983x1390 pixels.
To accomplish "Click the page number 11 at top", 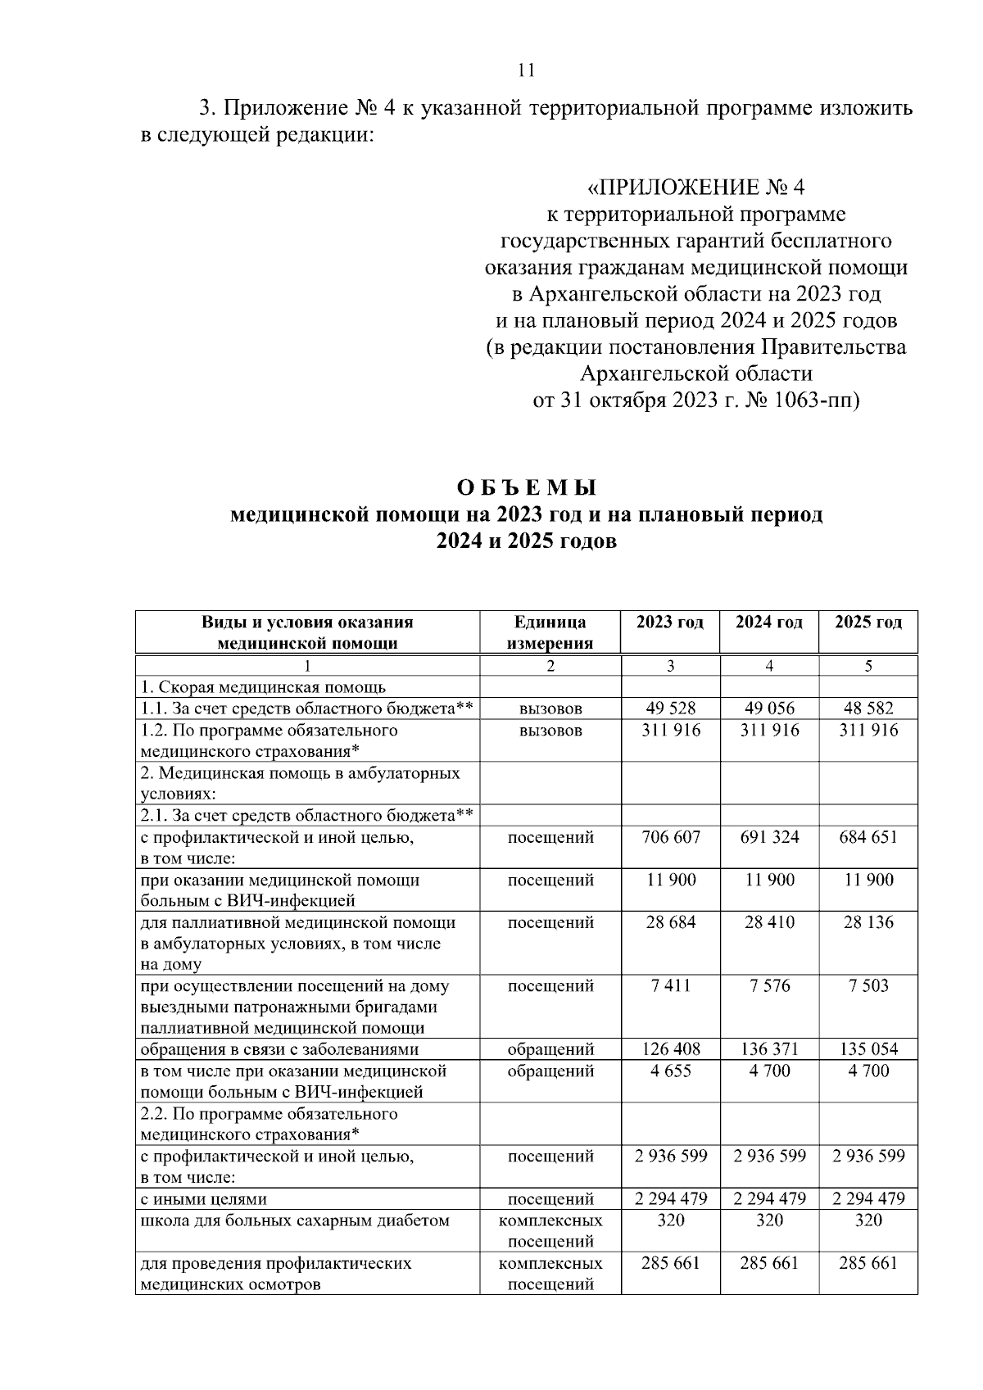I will click(527, 70).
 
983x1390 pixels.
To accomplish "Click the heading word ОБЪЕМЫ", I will click(527, 487).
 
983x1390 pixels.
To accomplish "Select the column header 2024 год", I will click(768, 622).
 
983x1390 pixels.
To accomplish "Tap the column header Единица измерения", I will click(550, 632).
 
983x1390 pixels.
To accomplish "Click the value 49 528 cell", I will click(670, 708).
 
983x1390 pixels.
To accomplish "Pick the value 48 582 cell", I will click(868, 708).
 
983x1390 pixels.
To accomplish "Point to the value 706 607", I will click(670, 837).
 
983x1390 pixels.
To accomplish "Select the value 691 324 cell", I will click(768, 837).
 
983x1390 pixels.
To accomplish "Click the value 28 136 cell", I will click(868, 922).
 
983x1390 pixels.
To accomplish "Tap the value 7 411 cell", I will click(670, 985).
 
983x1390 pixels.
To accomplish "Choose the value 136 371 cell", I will click(768, 1049).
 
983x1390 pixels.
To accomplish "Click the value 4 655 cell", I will click(670, 1071).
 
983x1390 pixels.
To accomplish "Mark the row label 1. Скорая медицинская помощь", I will click(263, 687).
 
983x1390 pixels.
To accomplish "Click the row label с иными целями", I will click(203, 1199).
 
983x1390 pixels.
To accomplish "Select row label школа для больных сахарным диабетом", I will click(295, 1220).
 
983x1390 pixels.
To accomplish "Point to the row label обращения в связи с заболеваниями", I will click(279, 1049).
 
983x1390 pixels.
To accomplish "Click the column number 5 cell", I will click(868, 666).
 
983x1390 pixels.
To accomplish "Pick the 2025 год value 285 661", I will click(868, 1263).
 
